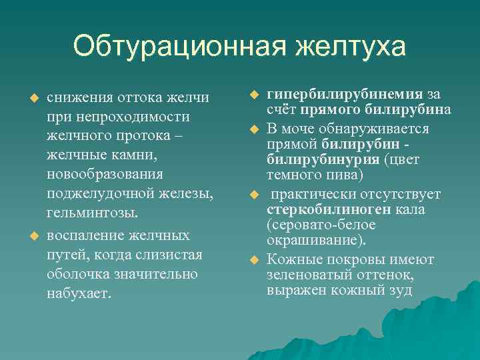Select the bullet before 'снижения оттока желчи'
click(x=29, y=98)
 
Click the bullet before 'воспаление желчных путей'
click(x=29, y=237)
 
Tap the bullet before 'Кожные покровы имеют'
click(x=253, y=259)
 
